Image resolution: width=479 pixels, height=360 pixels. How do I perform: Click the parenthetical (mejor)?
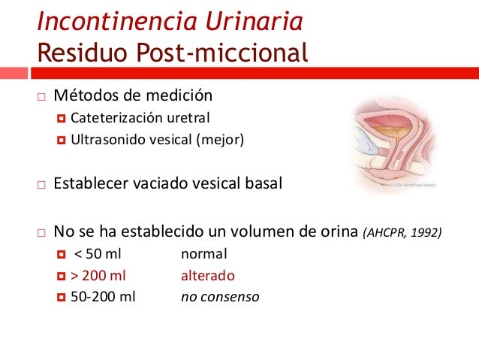(x=223, y=139)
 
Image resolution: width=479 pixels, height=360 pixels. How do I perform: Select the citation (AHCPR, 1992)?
(x=402, y=232)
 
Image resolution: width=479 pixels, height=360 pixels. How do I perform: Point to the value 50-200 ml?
(x=103, y=296)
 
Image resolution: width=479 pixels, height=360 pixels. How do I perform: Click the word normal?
(x=204, y=254)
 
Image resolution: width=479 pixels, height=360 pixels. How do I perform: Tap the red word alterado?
(x=208, y=275)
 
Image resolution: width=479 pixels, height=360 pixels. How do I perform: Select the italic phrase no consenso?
(x=220, y=296)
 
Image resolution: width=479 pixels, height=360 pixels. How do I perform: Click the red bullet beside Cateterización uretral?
(x=62, y=119)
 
